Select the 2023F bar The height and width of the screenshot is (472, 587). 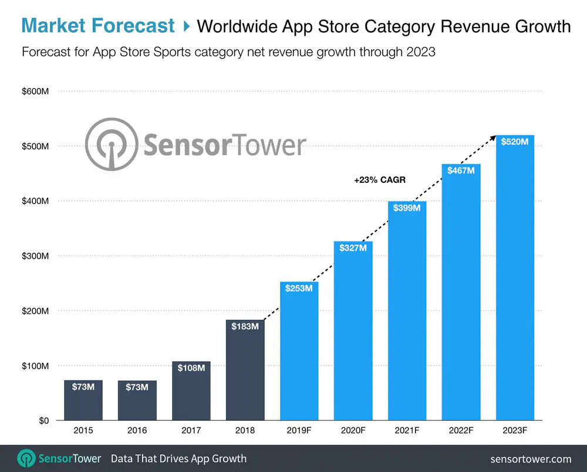click(515, 282)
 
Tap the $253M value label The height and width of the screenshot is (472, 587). click(299, 289)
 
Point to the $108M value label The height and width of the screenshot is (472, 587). click(191, 368)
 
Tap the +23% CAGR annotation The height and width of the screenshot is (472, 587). click(380, 180)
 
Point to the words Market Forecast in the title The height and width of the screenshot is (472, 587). click(98, 26)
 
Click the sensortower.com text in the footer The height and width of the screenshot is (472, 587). click(531, 459)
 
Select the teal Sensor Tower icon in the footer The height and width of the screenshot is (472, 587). click(27, 458)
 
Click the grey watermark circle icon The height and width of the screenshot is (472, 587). click(112, 145)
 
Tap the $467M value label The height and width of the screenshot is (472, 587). click(461, 170)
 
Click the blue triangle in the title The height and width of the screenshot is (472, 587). click(186, 26)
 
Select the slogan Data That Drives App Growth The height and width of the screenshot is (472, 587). click(179, 458)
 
